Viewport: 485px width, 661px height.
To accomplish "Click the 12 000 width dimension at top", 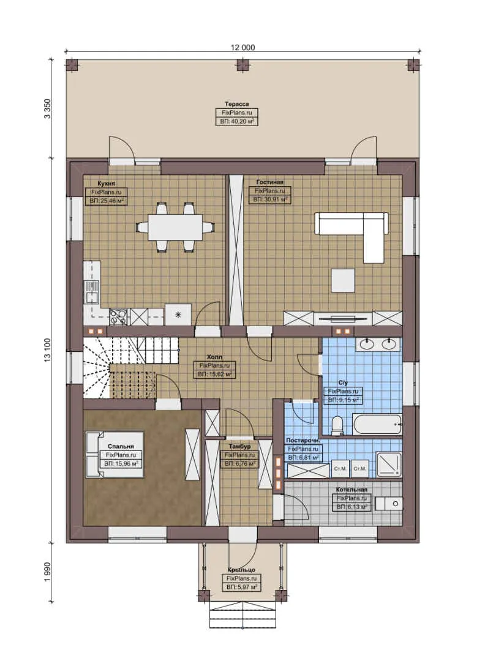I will [243, 47].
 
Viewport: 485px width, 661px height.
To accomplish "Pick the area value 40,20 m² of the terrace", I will [236, 122].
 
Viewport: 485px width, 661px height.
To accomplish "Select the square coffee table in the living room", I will [343, 280].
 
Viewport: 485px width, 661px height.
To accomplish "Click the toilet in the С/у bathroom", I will [336, 425].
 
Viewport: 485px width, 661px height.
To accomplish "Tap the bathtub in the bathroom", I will [377, 424].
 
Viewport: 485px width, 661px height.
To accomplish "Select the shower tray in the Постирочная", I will [387, 464].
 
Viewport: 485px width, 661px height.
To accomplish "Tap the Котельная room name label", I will [351, 490].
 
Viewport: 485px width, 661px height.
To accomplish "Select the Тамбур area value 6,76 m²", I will [239, 464].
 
